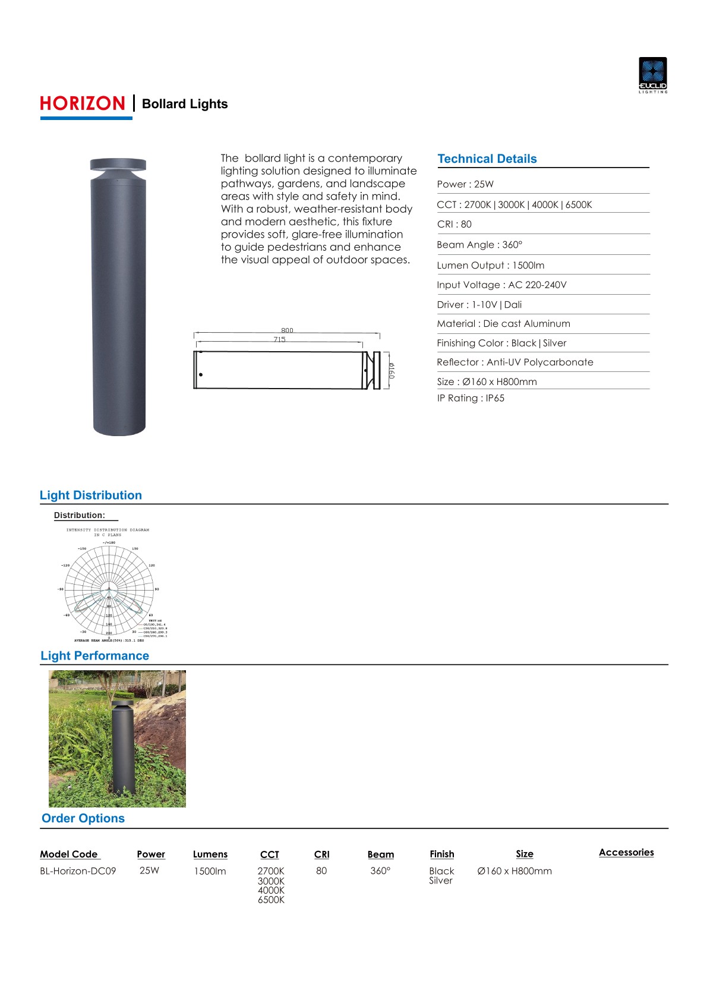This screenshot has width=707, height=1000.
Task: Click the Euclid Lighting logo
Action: [652, 75]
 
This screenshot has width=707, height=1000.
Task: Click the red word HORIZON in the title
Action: [83, 104]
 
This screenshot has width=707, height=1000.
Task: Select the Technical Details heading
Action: [487, 159]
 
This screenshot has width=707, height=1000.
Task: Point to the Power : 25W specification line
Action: [465, 184]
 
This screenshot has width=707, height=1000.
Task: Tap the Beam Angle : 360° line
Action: [479, 245]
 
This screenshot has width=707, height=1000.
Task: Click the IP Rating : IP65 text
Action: [471, 398]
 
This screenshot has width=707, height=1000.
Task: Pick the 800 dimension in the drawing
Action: [287, 330]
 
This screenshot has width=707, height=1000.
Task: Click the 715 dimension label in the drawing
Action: [279, 339]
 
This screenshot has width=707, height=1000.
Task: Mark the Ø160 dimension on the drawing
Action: [391, 371]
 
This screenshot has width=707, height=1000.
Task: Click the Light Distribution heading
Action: [91, 496]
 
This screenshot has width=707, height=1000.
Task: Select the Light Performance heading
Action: [94, 656]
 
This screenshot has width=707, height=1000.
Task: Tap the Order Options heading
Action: [83, 818]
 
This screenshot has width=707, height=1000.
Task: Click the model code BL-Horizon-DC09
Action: [78, 871]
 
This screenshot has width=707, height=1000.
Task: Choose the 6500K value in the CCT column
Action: [271, 900]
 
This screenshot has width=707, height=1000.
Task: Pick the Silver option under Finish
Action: [441, 881]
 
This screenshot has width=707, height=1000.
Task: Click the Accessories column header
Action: [626, 853]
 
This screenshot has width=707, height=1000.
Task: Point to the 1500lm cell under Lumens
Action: [210, 871]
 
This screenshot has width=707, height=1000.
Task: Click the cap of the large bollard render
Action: [118, 165]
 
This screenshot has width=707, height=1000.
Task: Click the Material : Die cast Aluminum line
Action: [503, 324]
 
